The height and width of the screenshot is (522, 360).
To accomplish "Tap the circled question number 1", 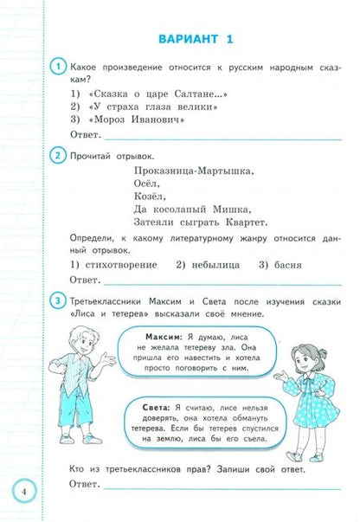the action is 57,67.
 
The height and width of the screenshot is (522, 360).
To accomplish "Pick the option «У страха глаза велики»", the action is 145,106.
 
